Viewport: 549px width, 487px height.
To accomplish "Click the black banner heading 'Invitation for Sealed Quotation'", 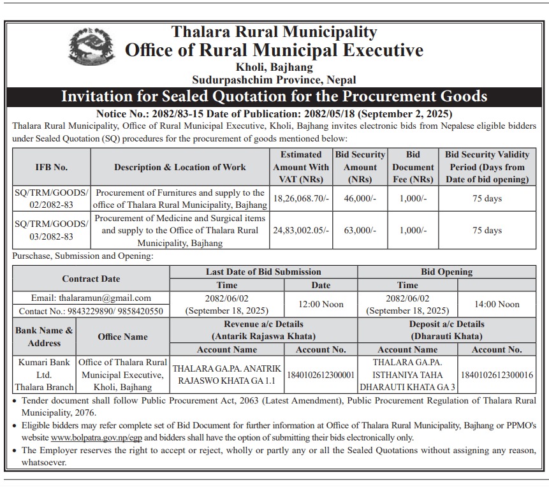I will coord(274,97).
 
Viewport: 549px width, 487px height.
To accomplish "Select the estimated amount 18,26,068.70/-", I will coord(301,199).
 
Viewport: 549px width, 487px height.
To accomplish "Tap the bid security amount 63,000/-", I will coord(360,231).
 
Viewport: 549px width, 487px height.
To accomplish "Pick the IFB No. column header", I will coord(52,167).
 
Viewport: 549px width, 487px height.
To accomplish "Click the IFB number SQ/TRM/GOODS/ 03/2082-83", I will coord(52,230).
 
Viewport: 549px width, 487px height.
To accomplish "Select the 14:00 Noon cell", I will coord(497,304).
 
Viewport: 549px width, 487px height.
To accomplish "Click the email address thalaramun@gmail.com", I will coord(91,298).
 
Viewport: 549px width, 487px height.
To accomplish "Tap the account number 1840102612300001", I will coord(321,375).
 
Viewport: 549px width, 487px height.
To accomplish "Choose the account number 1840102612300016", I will coord(497,375).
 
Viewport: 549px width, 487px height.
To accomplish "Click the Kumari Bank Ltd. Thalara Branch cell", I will coord(43,375).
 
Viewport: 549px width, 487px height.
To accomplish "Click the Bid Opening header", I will coord(446,272).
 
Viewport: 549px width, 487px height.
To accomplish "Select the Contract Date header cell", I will coord(91,279).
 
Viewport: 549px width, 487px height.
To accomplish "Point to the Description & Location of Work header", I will coord(180,167).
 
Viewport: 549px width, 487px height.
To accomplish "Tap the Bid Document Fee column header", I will coord(413,167).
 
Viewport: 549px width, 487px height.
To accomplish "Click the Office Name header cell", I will coord(122,337).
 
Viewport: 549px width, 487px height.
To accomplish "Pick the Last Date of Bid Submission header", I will coord(263,272).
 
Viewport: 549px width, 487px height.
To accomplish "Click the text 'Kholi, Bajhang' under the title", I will coord(274,67).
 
